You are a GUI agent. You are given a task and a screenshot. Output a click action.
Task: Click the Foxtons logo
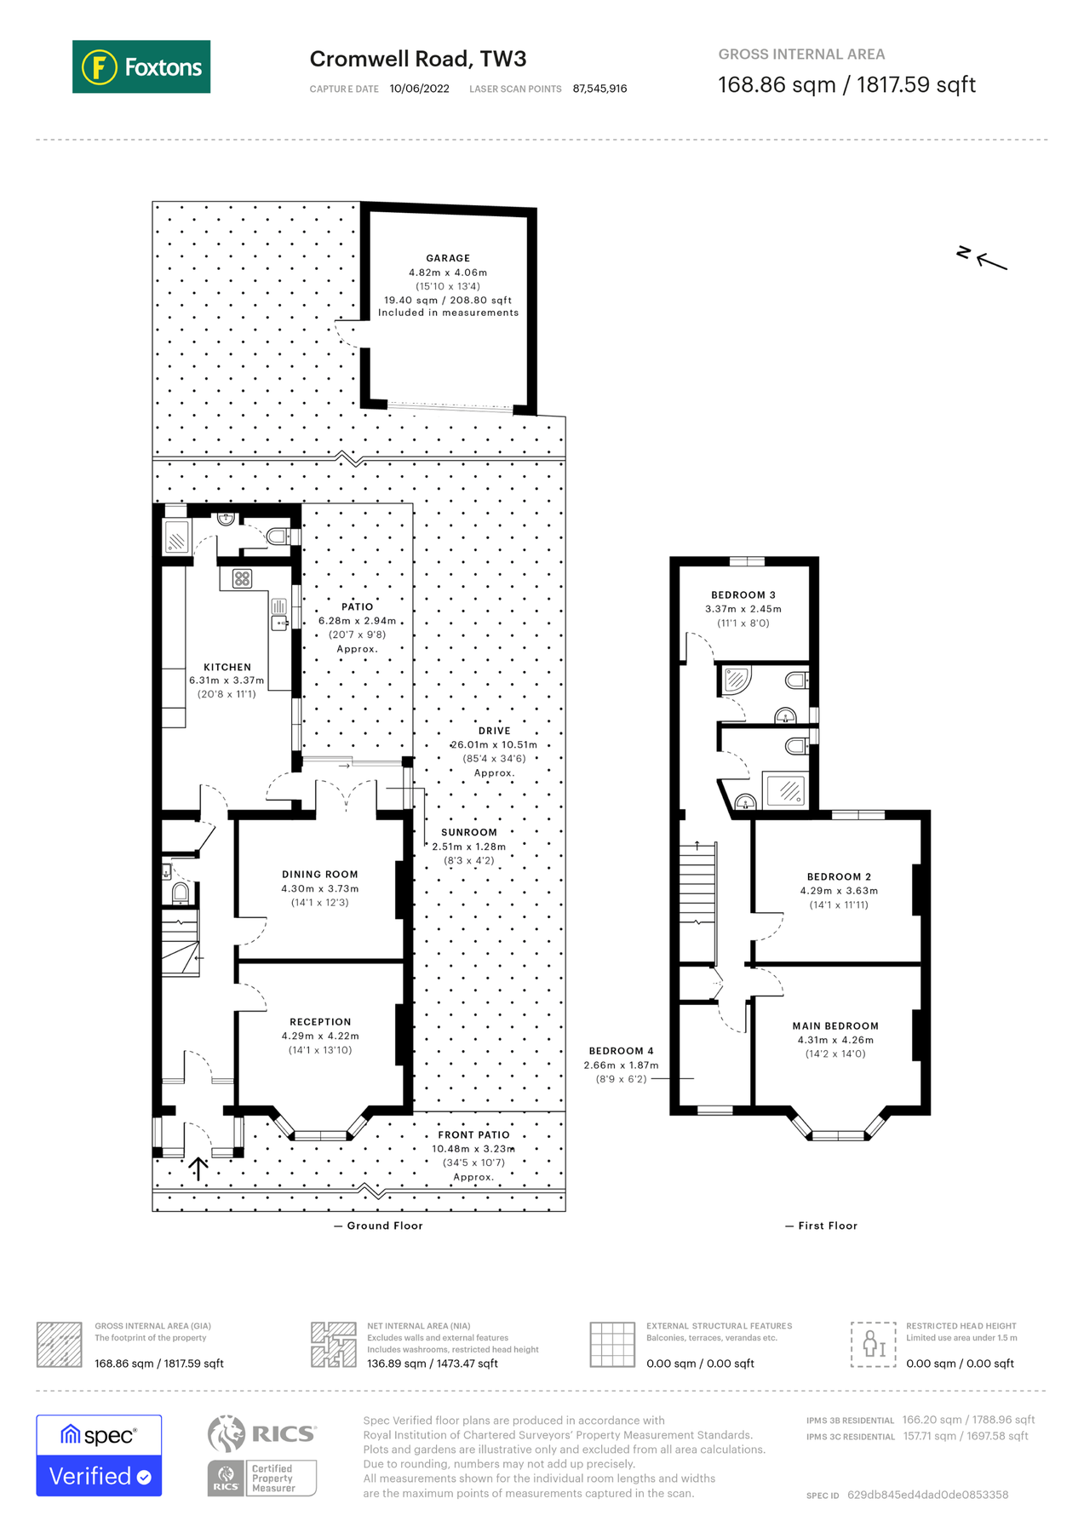[141, 66]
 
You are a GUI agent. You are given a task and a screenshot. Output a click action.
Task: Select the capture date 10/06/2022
[419, 89]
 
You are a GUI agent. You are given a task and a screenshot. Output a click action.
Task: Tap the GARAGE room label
[448, 258]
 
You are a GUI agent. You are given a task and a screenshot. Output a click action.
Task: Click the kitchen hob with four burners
[242, 579]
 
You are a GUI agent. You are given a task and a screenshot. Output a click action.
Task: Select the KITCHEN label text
[227, 667]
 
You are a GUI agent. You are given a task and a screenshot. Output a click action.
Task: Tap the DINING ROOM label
[320, 874]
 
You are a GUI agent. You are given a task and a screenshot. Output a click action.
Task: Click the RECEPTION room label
[320, 1021]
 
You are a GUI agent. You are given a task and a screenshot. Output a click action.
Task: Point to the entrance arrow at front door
[198, 1168]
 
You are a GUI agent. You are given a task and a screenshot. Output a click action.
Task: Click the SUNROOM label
[469, 832]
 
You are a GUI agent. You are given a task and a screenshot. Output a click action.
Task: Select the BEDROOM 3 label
[743, 594]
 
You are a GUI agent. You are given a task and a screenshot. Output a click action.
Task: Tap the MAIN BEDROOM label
[835, 1025]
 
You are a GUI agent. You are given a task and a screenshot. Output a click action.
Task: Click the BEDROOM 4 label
[621, 1050]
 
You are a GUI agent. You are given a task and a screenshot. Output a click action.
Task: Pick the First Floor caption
[827, 1226]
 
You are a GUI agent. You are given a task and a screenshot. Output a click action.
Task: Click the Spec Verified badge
[99, 1455]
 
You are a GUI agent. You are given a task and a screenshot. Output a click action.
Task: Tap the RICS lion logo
[226, 1434]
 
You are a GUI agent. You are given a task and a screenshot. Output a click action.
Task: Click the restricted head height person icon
[873, 1345]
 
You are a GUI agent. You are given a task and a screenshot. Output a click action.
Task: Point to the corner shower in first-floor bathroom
[736, 680]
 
